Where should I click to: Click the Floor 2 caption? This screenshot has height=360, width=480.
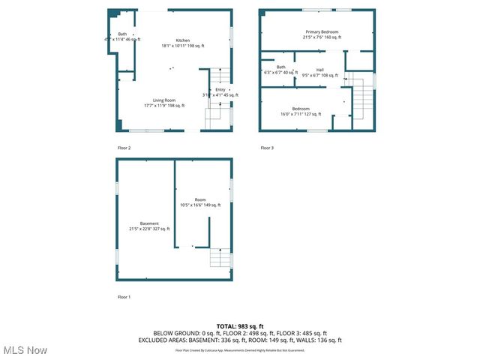[x=124, y=148]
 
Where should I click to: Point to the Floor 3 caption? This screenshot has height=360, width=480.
[x=267, y=148]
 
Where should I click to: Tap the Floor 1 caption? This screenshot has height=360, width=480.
[x=124, y=297]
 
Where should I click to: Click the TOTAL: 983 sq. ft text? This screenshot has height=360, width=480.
[x=240, y=326]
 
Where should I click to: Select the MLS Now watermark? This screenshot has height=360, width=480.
[x=24, y=350]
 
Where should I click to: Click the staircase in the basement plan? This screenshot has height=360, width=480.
[x=220, y=259]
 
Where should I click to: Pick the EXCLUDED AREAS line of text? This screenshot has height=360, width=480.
[x=240, y=340]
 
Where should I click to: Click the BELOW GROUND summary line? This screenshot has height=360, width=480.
[x=240, y=333]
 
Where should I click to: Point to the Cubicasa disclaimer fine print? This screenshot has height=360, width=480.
[x=240, y=349]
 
